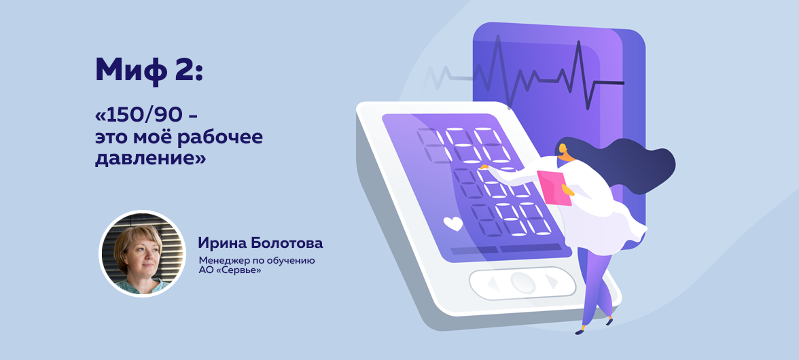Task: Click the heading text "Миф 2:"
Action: (x=149, y=70)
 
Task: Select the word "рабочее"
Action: (x=226, y=137)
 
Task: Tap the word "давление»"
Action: (x=150, y=158)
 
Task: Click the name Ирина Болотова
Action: (x=260, y=243)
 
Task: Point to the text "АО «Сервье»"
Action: (x=230, y=270)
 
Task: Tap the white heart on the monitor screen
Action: (x=452, y=223)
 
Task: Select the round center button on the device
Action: (x=523, y=282)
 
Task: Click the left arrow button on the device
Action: (x=492, y=282)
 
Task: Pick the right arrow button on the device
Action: (x=552, y=282)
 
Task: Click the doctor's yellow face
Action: (x=564, y=151)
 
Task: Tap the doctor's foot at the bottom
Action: (x=581, y=331)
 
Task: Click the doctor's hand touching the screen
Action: (x=484, y=167)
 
